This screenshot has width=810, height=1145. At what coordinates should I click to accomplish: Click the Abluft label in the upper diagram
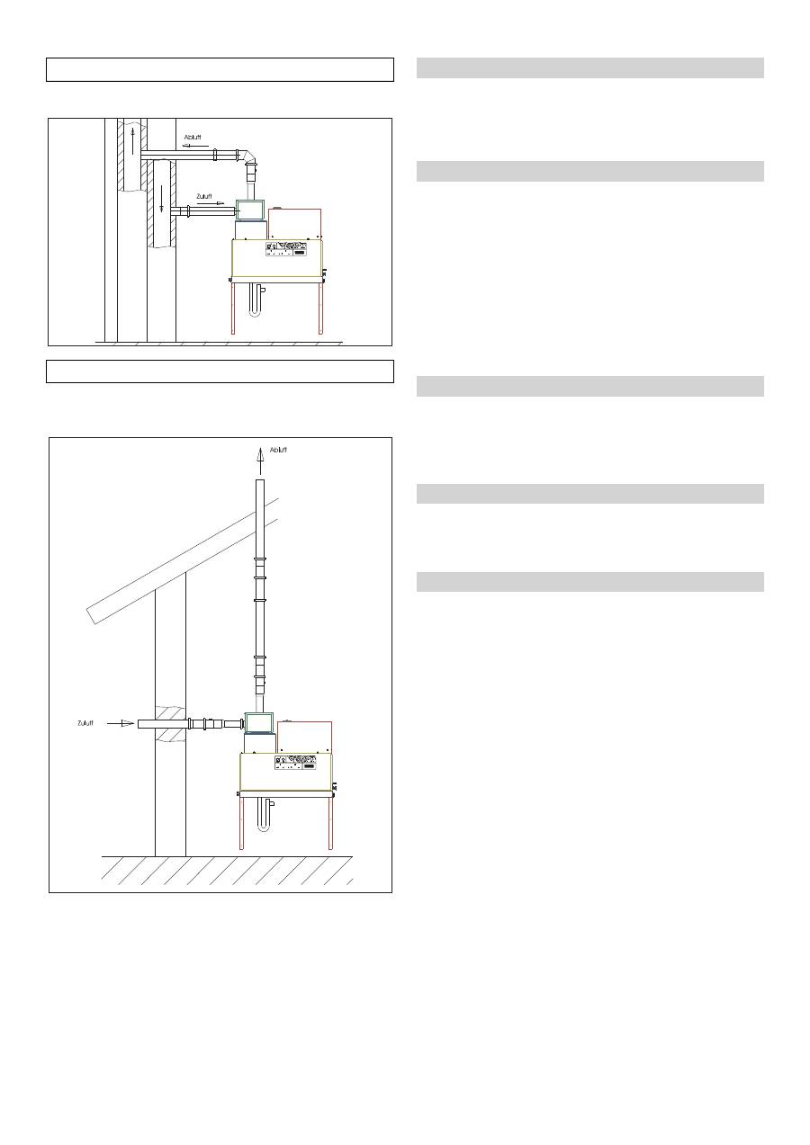[x=193, y=138]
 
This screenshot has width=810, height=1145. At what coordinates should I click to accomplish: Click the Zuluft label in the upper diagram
[x=204, y=196]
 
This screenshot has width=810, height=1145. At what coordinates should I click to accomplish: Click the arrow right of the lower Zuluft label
[x=121, y=722]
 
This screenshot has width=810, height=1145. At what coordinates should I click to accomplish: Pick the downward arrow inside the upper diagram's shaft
[x=162, y=200]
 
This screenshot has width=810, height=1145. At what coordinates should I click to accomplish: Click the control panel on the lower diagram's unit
[x=296, y=762]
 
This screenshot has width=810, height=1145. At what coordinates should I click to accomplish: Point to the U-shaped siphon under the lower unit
[x=262, y=817]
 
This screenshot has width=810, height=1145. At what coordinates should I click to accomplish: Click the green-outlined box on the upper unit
[x=250, y=210]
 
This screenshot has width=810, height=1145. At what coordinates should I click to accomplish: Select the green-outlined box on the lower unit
[x=260, y=723]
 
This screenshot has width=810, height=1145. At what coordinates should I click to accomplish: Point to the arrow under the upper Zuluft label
[x=208, y=204]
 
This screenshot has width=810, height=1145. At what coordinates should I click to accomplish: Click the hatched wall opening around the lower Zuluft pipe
[x=171, y=723]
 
